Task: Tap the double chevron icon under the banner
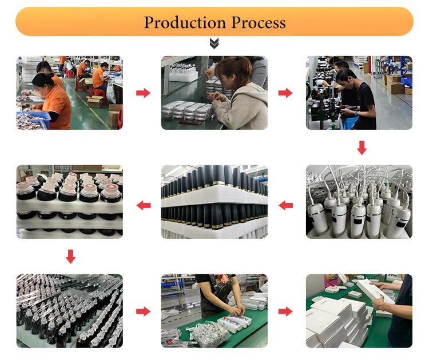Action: pos(214,43)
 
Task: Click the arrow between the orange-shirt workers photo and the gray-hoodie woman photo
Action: pos(143,93)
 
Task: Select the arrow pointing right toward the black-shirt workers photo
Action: pos(285,93)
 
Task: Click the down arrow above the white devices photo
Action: pos(361,147)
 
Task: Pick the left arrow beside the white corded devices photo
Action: pos(285,205)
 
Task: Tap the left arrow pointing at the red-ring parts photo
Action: pos(143,205)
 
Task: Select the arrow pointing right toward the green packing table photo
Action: pos(143,311)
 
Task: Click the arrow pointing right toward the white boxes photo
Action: pos(285,311)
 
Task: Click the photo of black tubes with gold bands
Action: pos(214,201)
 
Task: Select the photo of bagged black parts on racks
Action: pos(69,311)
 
